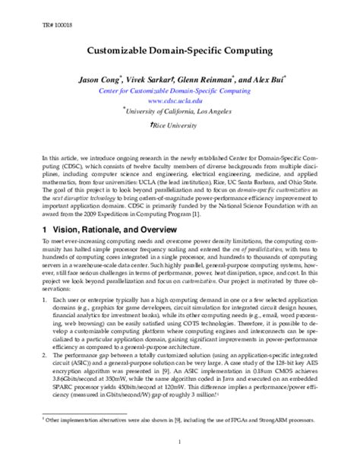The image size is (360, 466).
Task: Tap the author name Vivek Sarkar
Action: [x=153, y=78]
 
